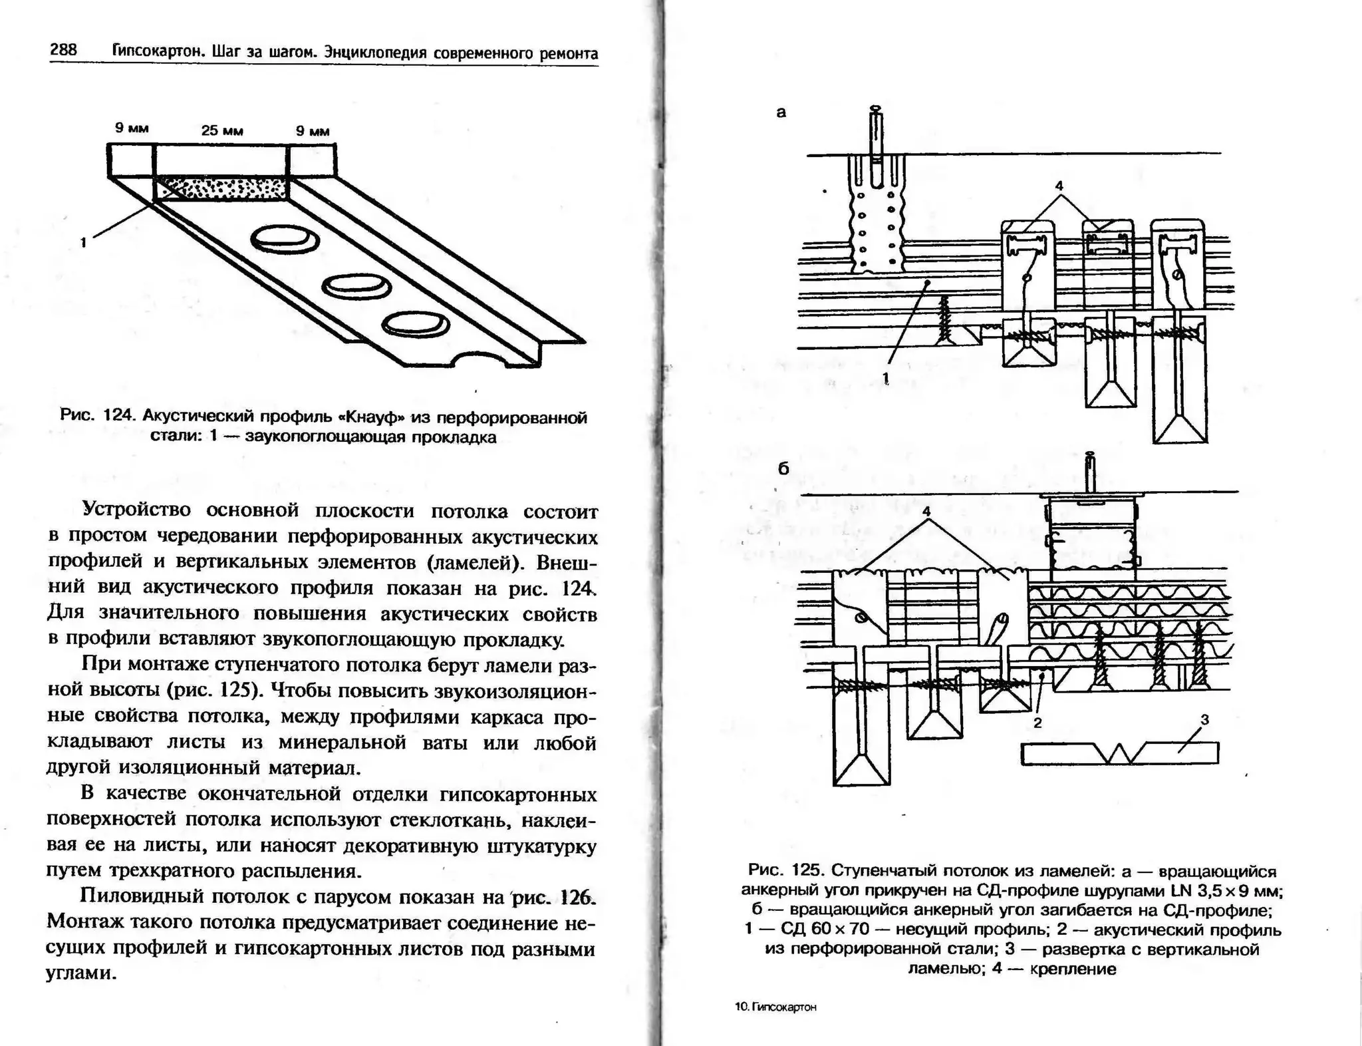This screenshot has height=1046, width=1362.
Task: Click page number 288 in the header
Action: pyautogui.click(x=63, y=50)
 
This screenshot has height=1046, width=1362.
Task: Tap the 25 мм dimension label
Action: pyautogui.click(x=222, y=131)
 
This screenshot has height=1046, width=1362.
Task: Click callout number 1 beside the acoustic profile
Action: pyautogui.click(x=83, y=242)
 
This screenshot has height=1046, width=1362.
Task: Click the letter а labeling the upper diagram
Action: pyautogui.click(x=781, y=112)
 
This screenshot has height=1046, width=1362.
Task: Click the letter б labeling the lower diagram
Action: pyautogui.click(x=783, y=469)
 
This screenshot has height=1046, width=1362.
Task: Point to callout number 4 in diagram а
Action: pyautogui.click(x=1059, y=185)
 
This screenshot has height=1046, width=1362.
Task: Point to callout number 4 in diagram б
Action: pyautogui.click(x=926, y=512)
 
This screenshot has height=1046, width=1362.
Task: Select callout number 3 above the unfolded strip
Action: pyautogui.click(x=1204, y=719)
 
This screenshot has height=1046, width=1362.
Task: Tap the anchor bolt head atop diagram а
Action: pyautogui.click(x=877, y=109)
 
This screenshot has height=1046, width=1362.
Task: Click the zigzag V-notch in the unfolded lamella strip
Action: pyautogui.click(x=1123, y=754)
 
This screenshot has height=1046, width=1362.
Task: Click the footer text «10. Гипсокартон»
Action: pyautogui.click(x=775, y=1007)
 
